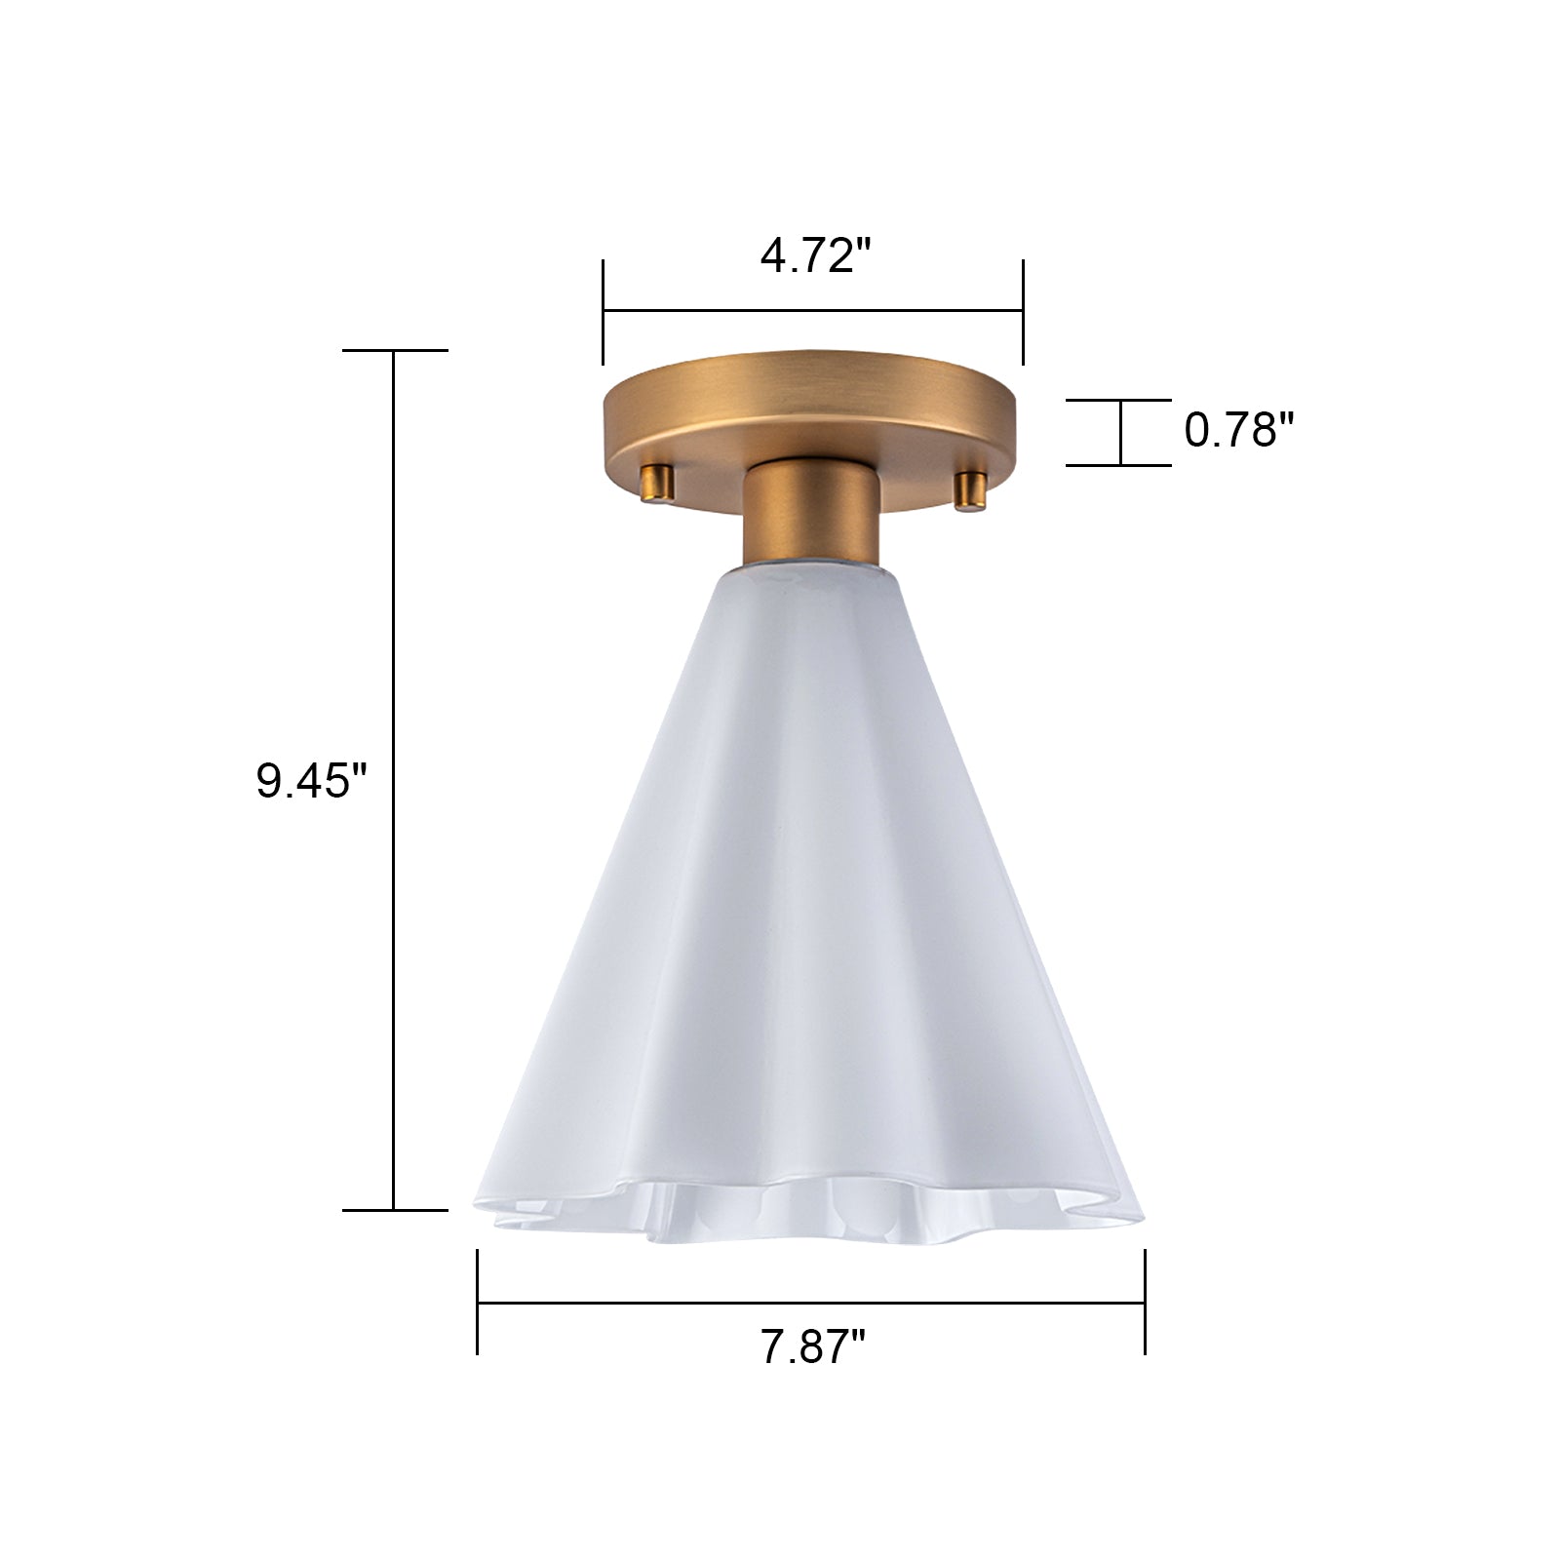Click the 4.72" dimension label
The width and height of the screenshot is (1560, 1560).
(x=814, y=256)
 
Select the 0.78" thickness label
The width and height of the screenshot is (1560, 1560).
(x=1238, y=430)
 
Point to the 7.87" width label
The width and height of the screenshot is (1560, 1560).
(x=813, y=1348)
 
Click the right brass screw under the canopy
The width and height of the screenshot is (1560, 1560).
(x=970, y=489)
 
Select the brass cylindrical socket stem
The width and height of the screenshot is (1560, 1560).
(x=811, y=517)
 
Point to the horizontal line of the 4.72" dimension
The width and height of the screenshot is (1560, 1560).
(x=812, y=311)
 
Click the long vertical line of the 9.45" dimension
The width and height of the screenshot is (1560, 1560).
(x=394, y=780)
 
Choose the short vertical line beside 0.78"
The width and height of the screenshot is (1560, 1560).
(x=1121, y=433)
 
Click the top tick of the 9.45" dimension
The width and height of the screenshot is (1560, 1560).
(x=395, y=350)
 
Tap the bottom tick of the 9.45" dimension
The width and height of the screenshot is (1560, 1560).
(x=395, y=1210)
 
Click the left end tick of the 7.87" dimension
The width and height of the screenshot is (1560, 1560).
(x=478, y=1302)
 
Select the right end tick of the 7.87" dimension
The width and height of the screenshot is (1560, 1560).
(x=1145, y=1302)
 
